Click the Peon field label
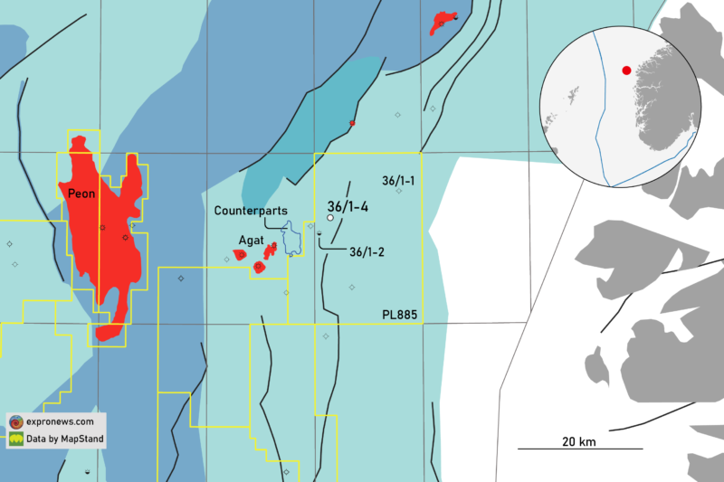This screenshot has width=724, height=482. click(x=81, y=193)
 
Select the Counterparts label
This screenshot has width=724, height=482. click(x=251, y=211)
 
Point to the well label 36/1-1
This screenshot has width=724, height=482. click(x=398, y=181)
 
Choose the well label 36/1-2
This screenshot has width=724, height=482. click(x=367, y=252)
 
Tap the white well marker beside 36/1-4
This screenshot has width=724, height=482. click(x=330, y=218)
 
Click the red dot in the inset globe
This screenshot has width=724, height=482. click(x=625, y=70)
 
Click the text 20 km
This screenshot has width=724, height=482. click(x=579, y=440)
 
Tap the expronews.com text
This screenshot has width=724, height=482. click(x=61, y=421)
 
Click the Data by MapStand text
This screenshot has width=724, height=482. click(x=65, y=439)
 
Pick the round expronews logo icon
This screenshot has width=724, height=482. click(x=16, y=422)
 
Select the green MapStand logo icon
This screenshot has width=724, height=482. click(x=16, y=439)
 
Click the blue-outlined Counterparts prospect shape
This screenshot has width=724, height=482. click(x=292, y=241)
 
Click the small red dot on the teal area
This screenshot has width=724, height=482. click(x=352, y=123)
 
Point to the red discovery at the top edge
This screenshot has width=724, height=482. click(x=443, y=20)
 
